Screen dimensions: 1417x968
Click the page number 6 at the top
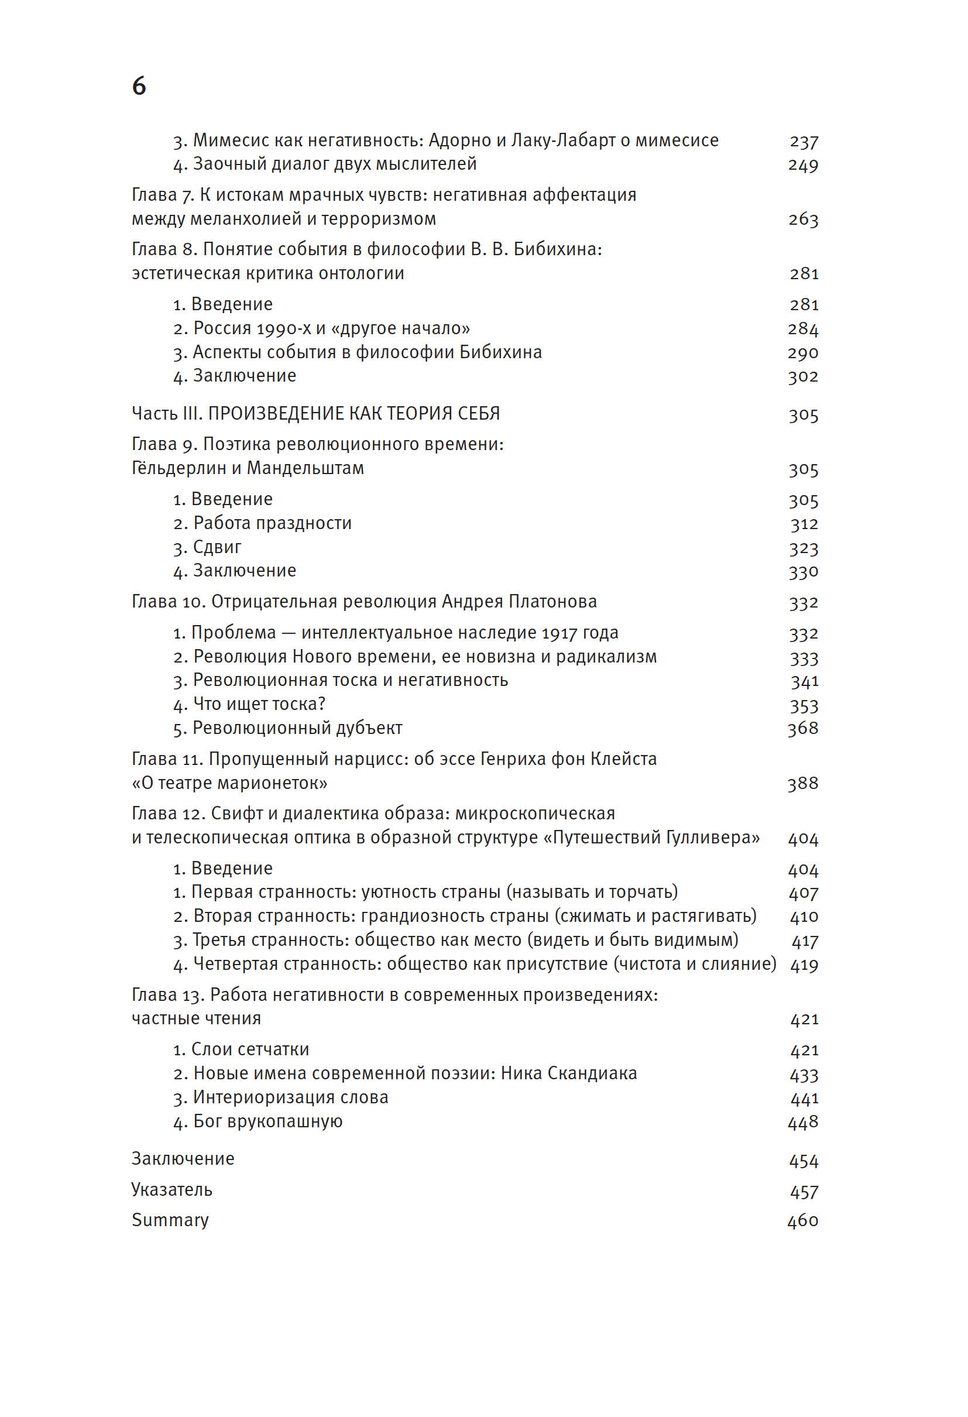coord(139,87)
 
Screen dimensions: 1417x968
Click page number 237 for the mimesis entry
coord(804,142)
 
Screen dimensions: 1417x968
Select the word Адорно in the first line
coord(460,140)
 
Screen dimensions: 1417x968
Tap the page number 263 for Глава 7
coord(803,219)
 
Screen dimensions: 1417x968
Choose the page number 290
coord(802,353)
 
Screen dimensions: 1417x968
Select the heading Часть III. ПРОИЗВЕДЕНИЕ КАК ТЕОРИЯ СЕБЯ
coord(316,414)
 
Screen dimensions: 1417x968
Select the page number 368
coord(802,729)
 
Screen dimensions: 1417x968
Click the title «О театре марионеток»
coord(230,783)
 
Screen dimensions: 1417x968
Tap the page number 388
coord(802,784)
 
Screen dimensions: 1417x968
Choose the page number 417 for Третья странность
coord(805,941)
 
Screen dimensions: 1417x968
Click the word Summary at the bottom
coord(170,1220)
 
